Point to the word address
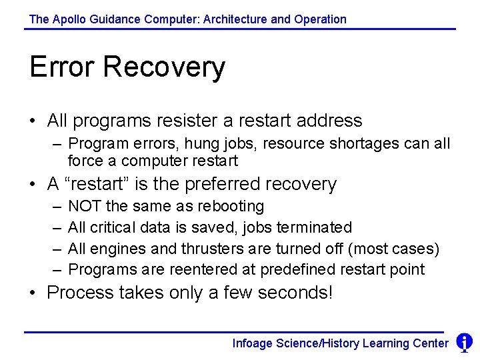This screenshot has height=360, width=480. (x=329, y=121)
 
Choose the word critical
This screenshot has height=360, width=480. (x=111, y=228)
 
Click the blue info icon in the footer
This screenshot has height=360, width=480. (x=464, y=343)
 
